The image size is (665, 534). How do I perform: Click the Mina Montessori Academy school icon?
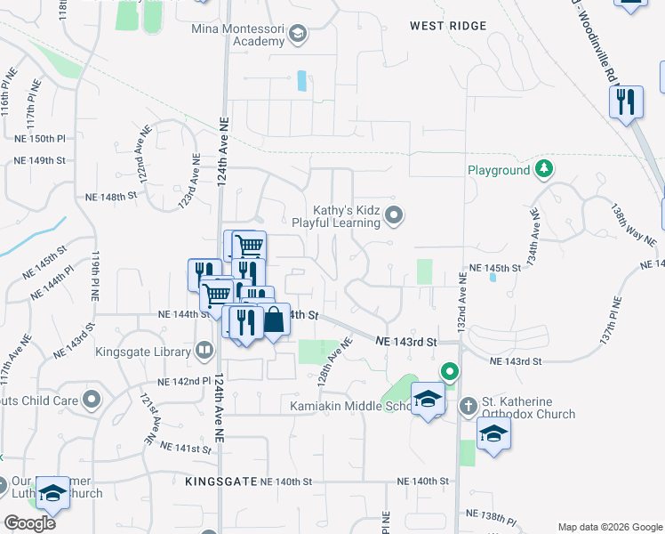297,36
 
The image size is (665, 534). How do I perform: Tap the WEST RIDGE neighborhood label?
448,26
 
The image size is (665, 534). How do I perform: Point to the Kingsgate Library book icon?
205,350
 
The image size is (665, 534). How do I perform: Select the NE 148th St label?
110,195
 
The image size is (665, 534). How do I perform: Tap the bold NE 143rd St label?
406,341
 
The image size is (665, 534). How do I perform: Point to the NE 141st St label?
184,449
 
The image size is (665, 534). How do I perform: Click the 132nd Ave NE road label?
462,303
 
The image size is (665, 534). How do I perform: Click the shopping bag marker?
274,320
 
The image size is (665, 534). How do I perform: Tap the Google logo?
29,522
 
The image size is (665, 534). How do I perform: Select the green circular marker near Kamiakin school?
450,371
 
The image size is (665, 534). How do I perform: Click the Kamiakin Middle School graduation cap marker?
428,400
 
